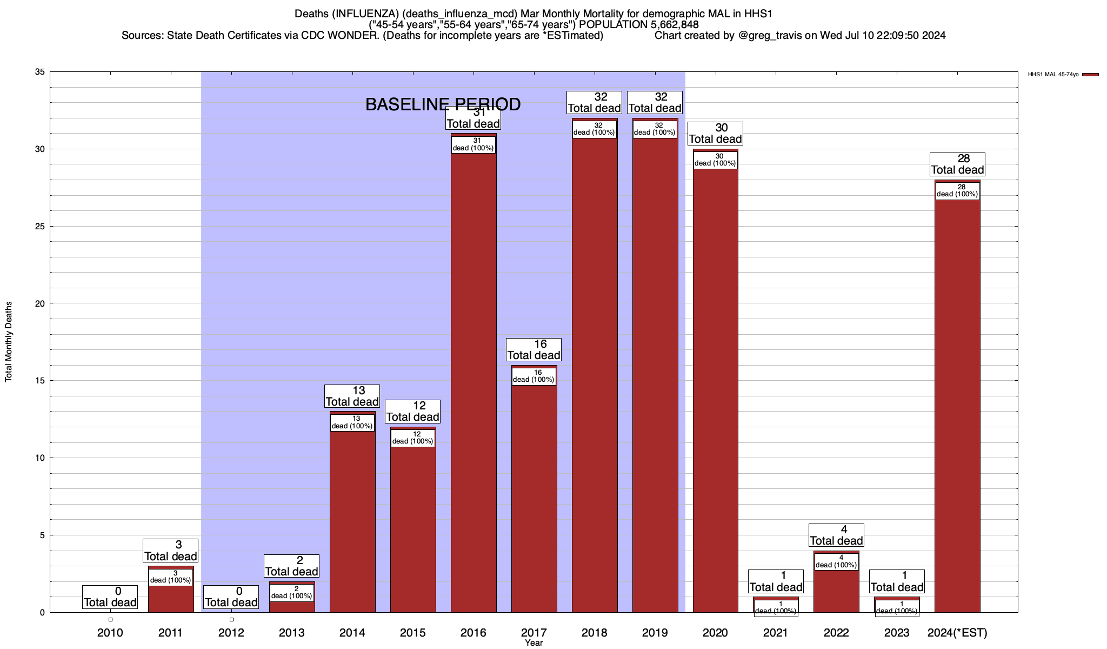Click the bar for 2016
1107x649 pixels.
(474, 379)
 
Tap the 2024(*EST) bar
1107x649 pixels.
(957, 406)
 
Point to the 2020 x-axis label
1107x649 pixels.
(715, 633)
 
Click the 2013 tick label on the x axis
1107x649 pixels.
(292, 633)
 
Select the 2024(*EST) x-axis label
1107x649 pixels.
(957, 633)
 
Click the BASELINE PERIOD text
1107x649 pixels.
(443, 104)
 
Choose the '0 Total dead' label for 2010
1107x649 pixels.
(110, 597)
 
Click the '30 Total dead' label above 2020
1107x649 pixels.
(715, 134)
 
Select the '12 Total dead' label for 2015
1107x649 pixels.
(412, 412)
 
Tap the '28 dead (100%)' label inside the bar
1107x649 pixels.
(957, 191)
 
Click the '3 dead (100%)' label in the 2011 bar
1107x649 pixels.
(171, 577)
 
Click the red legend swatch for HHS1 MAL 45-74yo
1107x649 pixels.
(1091, 75)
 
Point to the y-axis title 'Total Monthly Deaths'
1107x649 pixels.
(9, 342)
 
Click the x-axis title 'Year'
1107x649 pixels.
(534, 643)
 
